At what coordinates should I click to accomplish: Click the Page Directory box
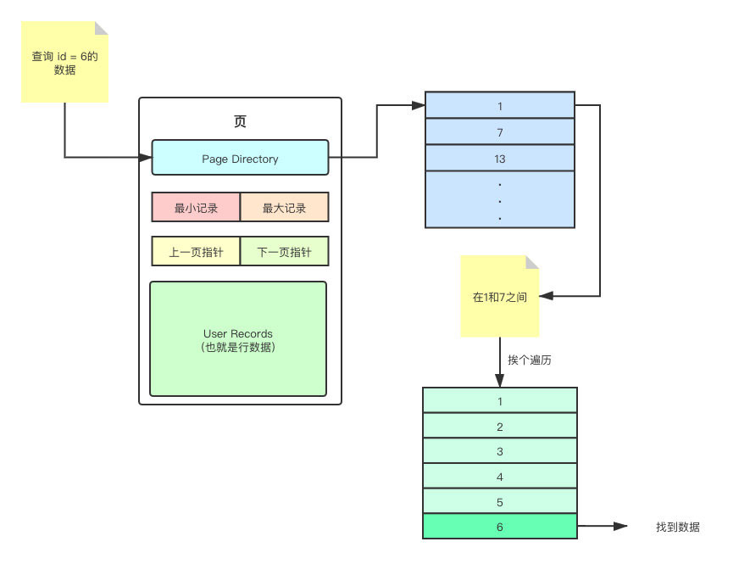(x=240, y=158)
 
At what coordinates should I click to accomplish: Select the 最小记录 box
(x=196, y=208)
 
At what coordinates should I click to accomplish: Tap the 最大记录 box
(x=284, y=208)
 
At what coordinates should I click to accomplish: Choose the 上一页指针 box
(x=196, y=252)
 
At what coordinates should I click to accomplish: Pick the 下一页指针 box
(x=284, y=252)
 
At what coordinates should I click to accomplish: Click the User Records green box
(x=238, y=339)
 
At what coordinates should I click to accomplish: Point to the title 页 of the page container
(x=240, y=121)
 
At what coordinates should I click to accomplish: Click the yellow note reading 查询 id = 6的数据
(x=64, y=64)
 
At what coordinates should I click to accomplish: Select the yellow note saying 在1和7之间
(x=500, y=297)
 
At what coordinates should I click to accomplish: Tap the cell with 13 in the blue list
(x=500, y=159)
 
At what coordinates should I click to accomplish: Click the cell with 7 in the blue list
(x=500, y=132)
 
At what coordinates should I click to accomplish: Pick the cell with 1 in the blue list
(x=500, y=106)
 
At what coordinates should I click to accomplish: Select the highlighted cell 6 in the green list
(x=499, y=527)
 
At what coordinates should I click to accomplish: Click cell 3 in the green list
(x=499, y=451)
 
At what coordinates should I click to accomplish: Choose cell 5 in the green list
(x=499, y=501)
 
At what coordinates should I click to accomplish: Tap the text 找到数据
(x=677, y=527)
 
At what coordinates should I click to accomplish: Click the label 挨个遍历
(x=531, y=360)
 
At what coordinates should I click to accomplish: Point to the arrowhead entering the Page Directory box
(x=146, y=158)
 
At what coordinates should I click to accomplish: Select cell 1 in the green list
(x=499, y=400)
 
